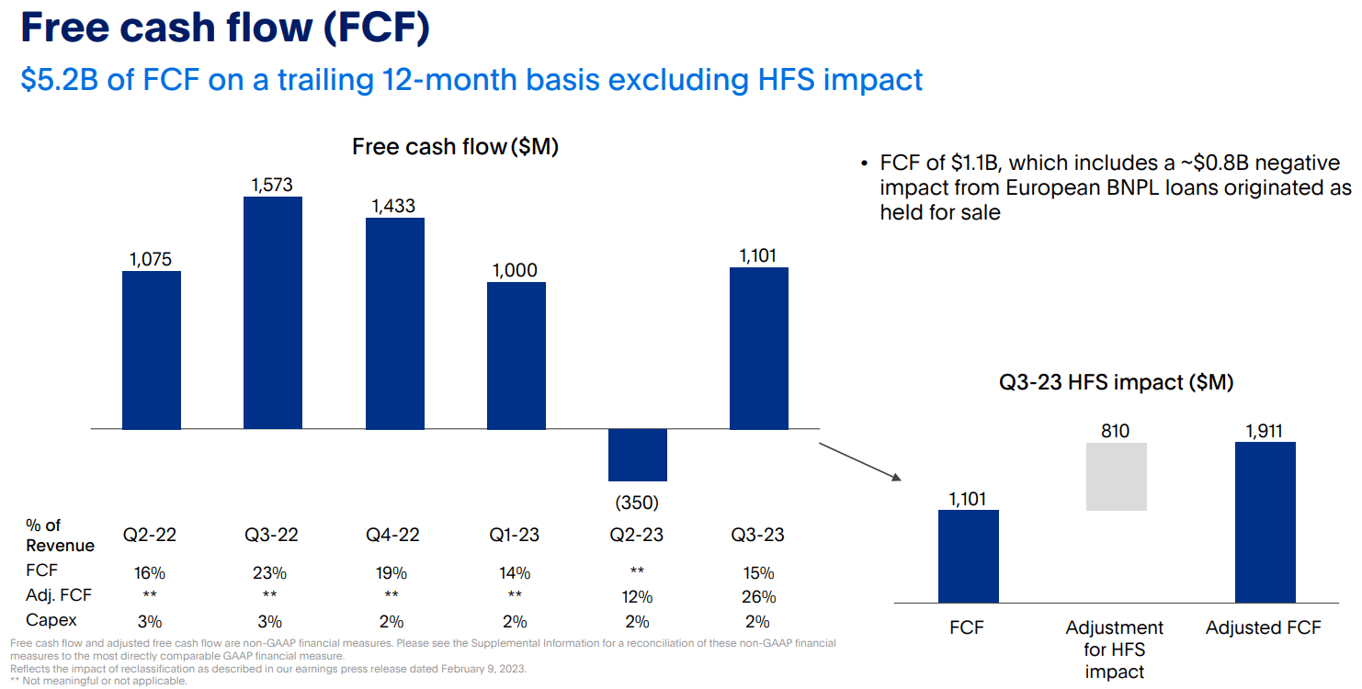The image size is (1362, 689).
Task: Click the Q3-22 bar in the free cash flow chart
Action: tap(273, 312)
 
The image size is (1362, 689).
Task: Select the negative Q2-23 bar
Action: tap(637, 455)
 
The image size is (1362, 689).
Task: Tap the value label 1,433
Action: tap(394, 206)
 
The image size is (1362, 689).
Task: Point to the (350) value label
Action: tap(637, 503)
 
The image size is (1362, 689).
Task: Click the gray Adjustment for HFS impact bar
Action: tap(1116, 476)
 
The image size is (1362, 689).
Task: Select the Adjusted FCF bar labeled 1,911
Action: tap(1266, 522)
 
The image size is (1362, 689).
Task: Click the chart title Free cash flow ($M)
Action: tap(455, 147)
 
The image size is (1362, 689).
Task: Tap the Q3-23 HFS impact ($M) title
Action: tap(1116, 383)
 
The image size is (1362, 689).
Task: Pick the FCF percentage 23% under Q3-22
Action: tap(271, 573)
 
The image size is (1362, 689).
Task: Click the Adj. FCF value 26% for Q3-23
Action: tap(758, 597)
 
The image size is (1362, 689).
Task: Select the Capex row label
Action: tap(51, 621)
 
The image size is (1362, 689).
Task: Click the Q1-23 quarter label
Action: tap(515, 535)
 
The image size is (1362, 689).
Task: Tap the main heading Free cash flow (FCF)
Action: tap(224, 28)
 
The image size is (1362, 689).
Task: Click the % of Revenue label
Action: tap(60, 536)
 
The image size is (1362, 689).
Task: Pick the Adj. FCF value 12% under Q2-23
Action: tap(637, 597)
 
